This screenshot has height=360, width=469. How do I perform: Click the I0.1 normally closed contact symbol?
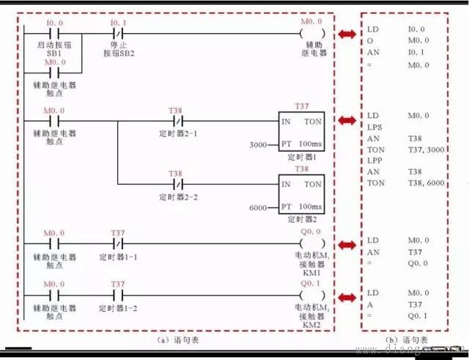pos(118,34)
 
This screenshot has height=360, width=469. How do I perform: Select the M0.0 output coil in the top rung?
pos(311,34)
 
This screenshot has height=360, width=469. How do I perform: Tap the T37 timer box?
pos(303,129)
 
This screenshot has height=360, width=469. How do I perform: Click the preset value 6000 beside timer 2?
pos(258,208)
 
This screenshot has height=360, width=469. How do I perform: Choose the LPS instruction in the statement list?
pos(375,127)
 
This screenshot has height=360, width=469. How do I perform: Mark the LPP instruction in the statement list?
pos(375,159)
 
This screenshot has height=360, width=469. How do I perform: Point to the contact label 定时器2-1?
pos(177,134)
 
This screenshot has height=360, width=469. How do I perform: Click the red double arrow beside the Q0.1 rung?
pos(348,294)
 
